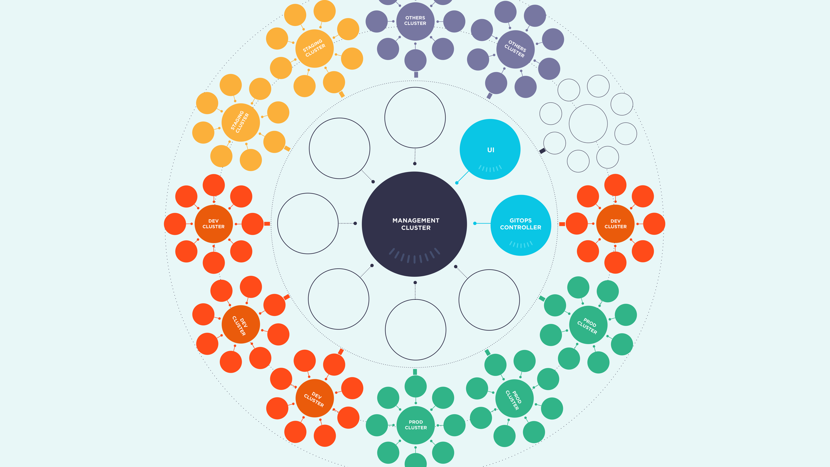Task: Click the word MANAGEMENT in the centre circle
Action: pos(416,221)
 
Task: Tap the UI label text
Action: pos(491,150)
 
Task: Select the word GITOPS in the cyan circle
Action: pos(521,221)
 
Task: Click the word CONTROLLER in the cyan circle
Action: pos(521,228)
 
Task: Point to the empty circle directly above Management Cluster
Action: pos(415,118)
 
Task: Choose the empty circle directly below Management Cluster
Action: pos(415,330)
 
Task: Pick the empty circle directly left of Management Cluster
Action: pos(308,224)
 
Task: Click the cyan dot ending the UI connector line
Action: pos(457,183)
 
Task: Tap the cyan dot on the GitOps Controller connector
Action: pos(475,224)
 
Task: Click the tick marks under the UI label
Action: pos(490,168)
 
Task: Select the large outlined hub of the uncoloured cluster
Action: pos(588,124)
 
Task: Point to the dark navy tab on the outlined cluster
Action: pos(542,151)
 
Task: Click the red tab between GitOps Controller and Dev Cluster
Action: pos(562,224)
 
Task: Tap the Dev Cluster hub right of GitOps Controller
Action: pos(615,224)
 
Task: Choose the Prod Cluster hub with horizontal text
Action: pos(415,425)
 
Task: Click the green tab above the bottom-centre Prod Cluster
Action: pos(415,372)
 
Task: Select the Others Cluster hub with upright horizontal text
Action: pos(415,21)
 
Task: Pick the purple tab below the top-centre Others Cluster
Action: pos(416,75)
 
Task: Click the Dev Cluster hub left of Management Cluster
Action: pos(213,224)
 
